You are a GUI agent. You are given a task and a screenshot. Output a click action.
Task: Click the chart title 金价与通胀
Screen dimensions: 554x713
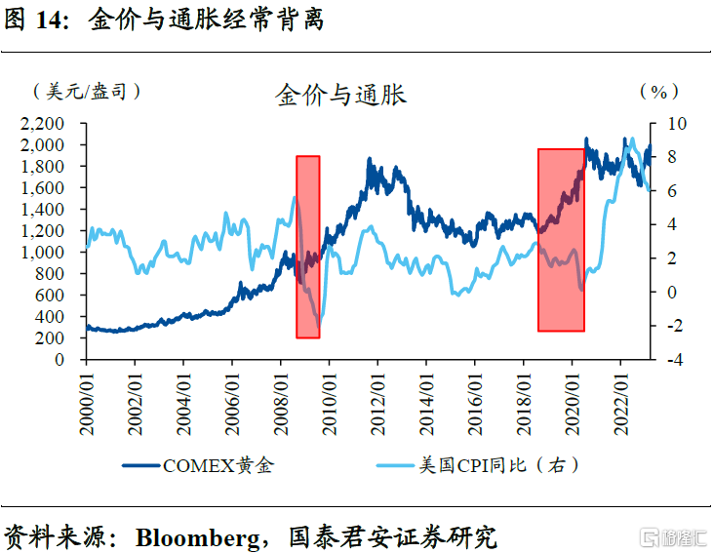coord(341,95)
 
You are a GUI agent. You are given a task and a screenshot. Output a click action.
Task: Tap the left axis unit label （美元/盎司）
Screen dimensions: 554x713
coord(87,92)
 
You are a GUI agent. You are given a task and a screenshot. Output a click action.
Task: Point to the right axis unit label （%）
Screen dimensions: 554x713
coord(657,92)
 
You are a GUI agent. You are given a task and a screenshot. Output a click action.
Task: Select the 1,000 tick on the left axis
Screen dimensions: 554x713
coord(43,252)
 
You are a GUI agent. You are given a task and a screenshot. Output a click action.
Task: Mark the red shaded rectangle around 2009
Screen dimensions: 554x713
coord(308,247)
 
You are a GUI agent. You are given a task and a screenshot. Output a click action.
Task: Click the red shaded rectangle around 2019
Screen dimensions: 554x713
coord(561,240)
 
